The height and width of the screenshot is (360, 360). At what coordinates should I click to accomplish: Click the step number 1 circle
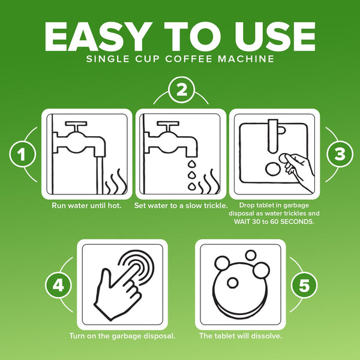point(23,154)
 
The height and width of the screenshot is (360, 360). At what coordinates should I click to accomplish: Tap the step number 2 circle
point(181,90)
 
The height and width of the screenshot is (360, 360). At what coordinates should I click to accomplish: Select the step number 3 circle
point(340,154)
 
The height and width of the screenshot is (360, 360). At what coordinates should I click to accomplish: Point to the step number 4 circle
point(58,285)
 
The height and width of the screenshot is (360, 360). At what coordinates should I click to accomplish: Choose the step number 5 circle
point(304,285)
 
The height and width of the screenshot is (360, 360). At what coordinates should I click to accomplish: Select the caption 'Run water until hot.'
point(86,205)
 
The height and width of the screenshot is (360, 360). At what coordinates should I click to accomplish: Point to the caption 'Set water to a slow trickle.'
point(181,205)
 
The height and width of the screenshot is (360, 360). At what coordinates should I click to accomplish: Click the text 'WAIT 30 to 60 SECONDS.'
point(274,221)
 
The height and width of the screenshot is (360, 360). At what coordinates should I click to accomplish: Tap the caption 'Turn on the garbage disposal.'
point(122,336)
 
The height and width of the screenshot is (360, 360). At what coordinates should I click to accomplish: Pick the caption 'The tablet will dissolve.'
point(241,336)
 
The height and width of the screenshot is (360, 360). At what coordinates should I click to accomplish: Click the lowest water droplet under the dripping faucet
point(192,187)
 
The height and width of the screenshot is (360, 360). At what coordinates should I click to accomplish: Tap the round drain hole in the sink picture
point(273,169)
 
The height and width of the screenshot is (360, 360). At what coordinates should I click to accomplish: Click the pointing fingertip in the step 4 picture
point(137,267)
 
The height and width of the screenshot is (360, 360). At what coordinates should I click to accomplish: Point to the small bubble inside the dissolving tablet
point(232,283)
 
